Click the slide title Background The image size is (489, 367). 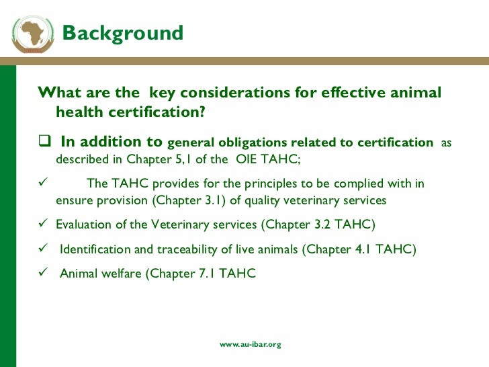click(122, 33)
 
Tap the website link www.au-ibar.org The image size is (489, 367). click(251, 344)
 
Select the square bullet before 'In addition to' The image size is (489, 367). click(45, 142)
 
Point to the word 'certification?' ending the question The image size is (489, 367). click(158, 112)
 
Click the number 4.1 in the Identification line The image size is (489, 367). click(359, 249)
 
